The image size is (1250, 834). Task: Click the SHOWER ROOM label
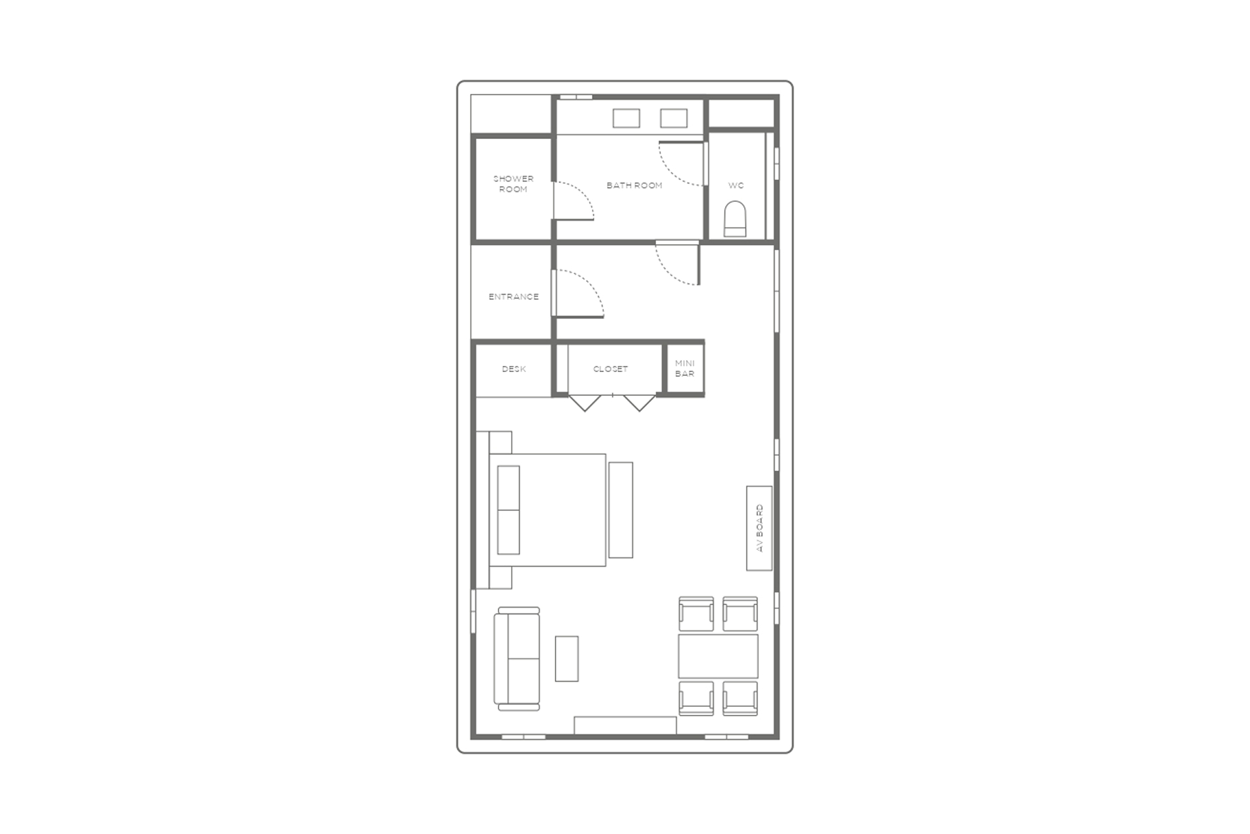513,184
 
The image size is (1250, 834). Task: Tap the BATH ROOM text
634,185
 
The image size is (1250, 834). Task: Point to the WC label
736,185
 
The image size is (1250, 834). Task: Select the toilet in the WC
735,219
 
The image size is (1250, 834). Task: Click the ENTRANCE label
514,297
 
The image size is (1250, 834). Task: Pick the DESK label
514,369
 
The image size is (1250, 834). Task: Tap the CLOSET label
610,369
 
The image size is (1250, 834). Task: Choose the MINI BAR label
685,369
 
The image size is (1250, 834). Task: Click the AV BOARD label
759,528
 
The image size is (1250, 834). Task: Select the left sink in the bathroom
626,118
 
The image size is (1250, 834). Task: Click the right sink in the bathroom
674,118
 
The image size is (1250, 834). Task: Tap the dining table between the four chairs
718,656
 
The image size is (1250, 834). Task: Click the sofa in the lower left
517,659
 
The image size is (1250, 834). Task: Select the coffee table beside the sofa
567,659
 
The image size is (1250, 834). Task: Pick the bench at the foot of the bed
620,510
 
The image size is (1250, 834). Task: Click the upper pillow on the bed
508,488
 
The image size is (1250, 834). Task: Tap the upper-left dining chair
697,614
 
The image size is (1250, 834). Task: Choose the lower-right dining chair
740,698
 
